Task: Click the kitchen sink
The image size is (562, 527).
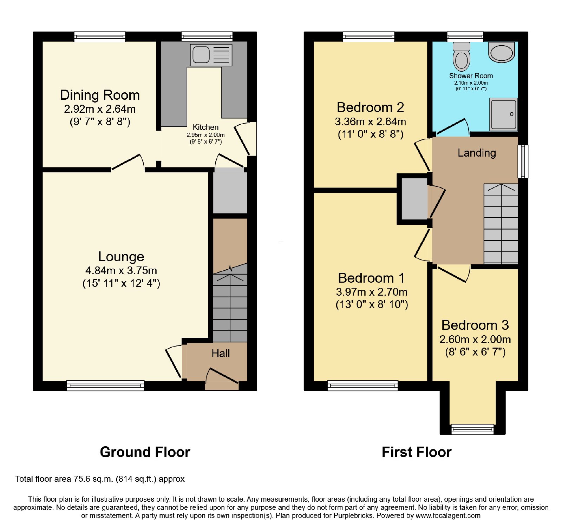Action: pyautogui.click(x=211, y=55)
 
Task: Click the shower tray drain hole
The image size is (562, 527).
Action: pyautogui.click(x=511, y=114)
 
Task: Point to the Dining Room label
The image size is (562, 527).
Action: pyautogui.click(x=100, y=95)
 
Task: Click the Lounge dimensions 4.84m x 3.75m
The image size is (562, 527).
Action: pyautogui.click(x=121, y=271)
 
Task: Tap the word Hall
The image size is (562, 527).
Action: pyautogui.click(x=221, y=353)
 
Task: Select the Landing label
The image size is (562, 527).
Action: pyautogui.click(x=477, y=153)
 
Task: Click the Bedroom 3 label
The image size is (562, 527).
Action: pyautogui.click(x=475, y=325)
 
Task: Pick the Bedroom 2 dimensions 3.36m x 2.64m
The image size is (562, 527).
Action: pyautogui.click(x=371, y=121)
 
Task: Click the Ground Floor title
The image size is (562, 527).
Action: pyautogui.click(x=145, y=452)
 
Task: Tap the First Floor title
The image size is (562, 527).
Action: pyautogui.click(x=417, y=452)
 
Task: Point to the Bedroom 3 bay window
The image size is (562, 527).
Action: pyautogui.click(x=472, y=429)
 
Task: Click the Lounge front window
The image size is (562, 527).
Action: pyautogui.click(x=105, y=386)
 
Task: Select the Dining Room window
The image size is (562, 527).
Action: pyautogui.click(x=100, y=37)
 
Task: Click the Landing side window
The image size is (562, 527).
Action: pyautogui.click(x=523, y=162)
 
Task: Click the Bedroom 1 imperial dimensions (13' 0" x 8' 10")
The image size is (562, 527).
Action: pyautogui.click(x=372, y=304)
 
